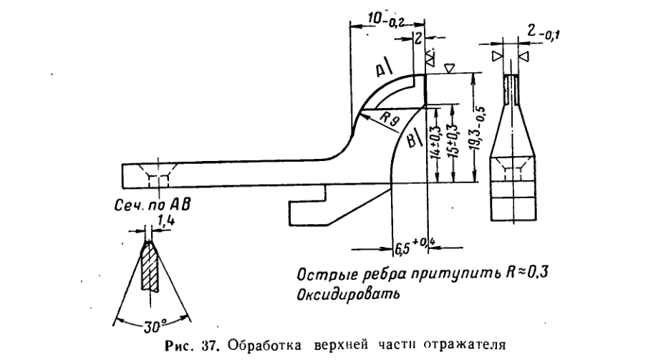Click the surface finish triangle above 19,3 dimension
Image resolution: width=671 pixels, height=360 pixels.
tap(448, 67)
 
